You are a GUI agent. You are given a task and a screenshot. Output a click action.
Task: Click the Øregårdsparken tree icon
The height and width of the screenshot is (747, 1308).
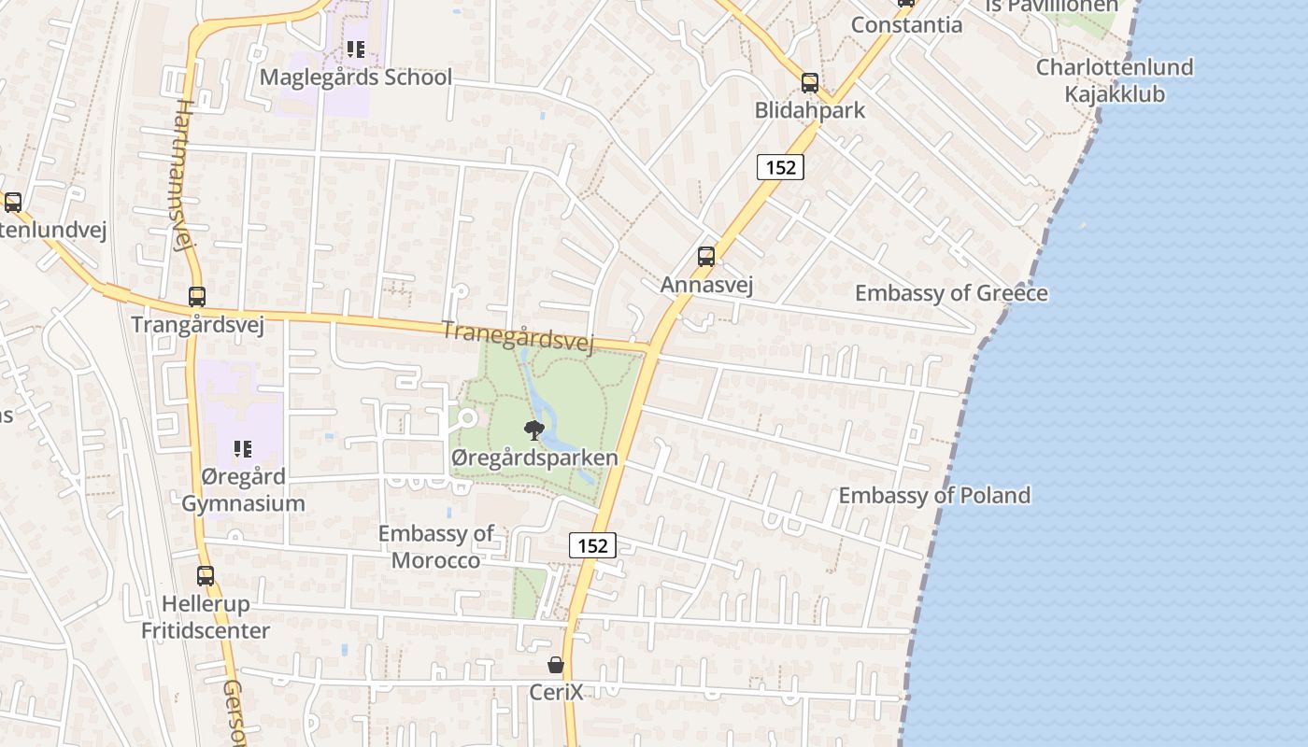534,430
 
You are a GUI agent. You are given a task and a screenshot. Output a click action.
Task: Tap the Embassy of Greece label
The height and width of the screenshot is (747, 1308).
951,293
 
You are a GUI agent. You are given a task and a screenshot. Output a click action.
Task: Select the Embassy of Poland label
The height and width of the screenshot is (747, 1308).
934,495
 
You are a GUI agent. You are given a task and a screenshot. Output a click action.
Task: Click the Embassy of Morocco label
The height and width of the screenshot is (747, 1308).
435,546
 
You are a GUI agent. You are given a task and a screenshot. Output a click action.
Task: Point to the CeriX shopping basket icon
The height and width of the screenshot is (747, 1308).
556,665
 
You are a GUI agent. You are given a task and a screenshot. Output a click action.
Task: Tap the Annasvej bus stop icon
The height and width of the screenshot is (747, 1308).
706,256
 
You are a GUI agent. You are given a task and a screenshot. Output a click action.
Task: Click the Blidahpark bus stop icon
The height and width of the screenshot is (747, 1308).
810,82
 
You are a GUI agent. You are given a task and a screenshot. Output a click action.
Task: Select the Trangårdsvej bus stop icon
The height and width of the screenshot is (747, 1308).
197,297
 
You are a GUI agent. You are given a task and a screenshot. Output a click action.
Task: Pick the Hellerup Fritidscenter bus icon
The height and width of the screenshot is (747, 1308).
206,576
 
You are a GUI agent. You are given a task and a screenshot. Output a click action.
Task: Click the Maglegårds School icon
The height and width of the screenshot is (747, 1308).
355,49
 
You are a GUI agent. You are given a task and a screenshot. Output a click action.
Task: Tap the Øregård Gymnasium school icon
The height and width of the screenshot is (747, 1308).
243,449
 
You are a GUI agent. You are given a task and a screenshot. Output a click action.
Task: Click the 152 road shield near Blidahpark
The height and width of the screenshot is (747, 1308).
780,167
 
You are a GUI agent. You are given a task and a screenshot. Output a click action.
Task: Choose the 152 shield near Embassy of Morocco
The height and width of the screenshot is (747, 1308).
593,545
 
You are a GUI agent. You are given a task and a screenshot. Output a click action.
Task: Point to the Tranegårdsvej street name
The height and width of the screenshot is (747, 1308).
518,337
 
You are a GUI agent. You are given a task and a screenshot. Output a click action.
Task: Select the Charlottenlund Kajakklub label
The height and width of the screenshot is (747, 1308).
1115,80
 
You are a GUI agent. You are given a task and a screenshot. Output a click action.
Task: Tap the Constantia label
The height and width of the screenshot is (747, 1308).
906,24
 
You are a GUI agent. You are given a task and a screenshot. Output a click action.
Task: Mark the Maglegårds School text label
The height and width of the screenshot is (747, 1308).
355,77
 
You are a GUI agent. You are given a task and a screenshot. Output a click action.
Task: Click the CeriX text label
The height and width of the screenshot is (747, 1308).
556,692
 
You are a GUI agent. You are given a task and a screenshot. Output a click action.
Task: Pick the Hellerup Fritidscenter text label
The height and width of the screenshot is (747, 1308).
206,617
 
